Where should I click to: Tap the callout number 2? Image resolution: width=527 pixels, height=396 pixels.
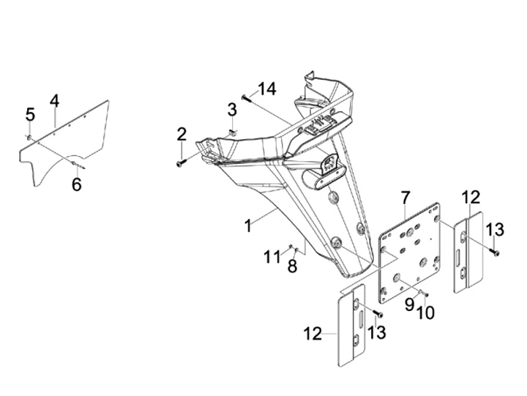click(182, 135)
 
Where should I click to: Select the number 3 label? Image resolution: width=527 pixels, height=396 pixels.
click(232, 110)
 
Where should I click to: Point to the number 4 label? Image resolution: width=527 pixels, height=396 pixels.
click(54, 100)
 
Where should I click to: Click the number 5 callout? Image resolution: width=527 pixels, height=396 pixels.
click(30, 114)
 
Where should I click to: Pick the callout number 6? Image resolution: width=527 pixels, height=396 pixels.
click(77, 184)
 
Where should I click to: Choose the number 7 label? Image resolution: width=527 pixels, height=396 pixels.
click(405, 198)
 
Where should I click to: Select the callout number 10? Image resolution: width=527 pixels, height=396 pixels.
click(425, 312)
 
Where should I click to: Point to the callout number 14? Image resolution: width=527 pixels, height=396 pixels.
click(266, 89)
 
